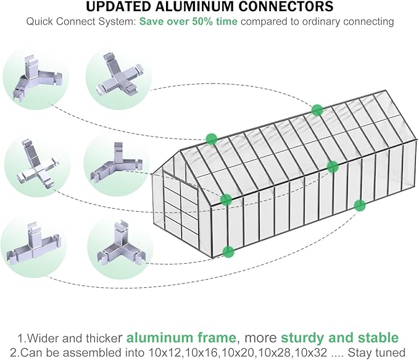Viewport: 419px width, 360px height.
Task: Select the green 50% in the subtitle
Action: click(x=205, y=22)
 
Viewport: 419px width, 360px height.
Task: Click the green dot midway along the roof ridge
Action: click(x=317, y=110)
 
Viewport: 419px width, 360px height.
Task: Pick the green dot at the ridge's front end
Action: click(x=211, y=139)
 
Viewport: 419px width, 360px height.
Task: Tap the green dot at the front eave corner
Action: click(x=226, y=200)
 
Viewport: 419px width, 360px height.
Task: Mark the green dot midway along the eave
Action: click(x=333, y=165)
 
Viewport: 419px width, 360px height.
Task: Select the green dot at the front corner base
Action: click(x=228, y=251)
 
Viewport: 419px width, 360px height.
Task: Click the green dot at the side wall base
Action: click(x=359, y=204)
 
